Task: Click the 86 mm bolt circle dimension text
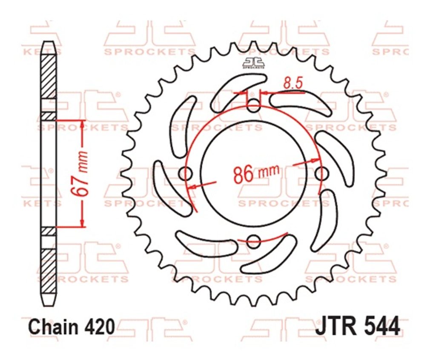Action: [x=255, y=174]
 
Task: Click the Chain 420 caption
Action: [x=72, y=327]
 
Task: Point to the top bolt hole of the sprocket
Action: [x=253, y=106]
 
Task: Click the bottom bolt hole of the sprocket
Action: [x=253, y=241]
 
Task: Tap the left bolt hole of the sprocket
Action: [x=186, y=174]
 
